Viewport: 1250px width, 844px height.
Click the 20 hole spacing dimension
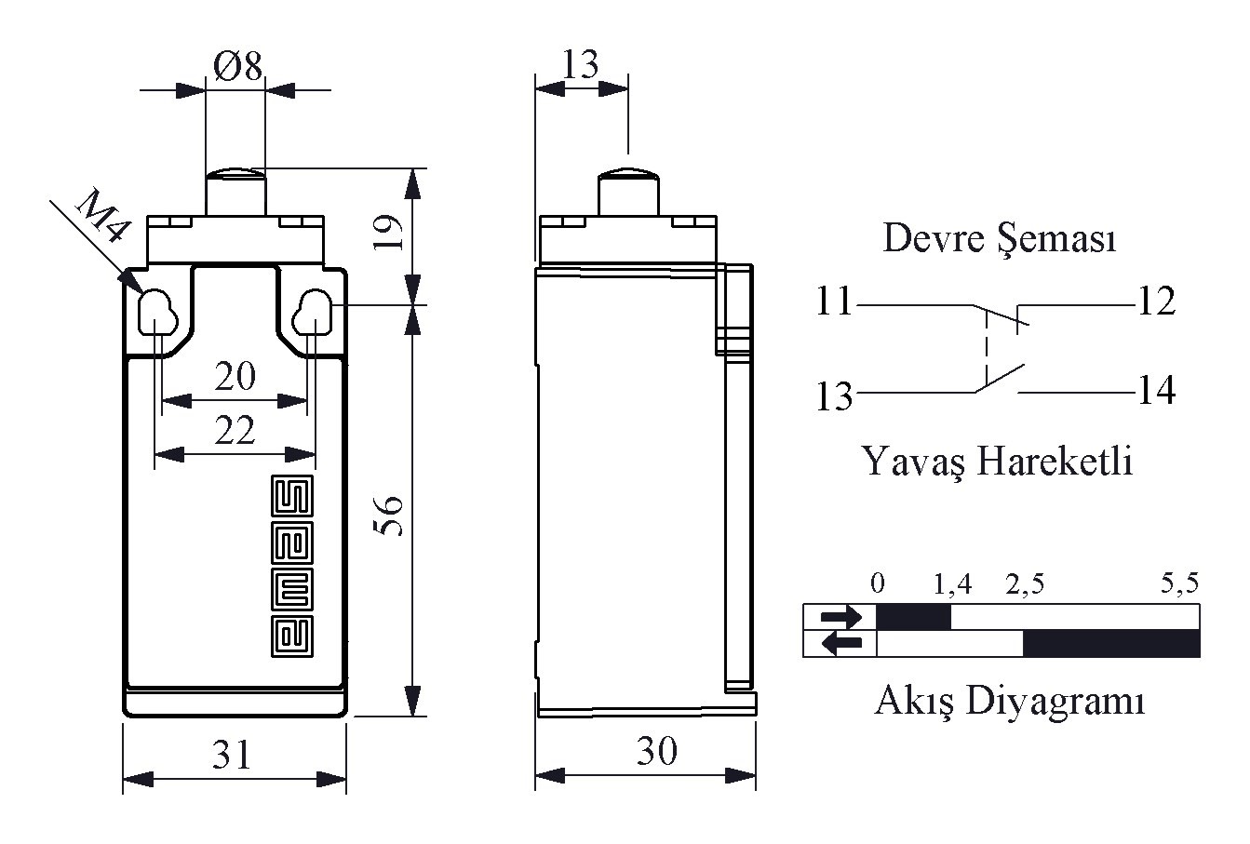click(x=235, y=377)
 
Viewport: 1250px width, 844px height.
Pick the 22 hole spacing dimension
click(x=235, y=430)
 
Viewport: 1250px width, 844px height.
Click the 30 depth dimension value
click(x=657, y=751)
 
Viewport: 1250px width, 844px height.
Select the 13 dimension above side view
click(x=581, y=64)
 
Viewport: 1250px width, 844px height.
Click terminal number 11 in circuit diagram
click(x=834, y=301)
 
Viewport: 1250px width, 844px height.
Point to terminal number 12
click(x=1155, y=301)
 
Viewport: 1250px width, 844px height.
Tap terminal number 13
click(x=835, y=396)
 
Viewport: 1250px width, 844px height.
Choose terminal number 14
click(x=1155, y=391)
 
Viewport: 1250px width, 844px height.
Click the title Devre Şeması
click(x=999, y=239)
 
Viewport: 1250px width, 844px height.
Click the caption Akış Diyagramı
click(x=1009, y=700)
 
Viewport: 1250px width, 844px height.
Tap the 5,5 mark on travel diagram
click(x=1179, y=584)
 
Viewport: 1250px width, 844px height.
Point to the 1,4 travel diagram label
click(x=952, y=584)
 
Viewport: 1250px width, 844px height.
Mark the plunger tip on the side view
click(x=628, y=174)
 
